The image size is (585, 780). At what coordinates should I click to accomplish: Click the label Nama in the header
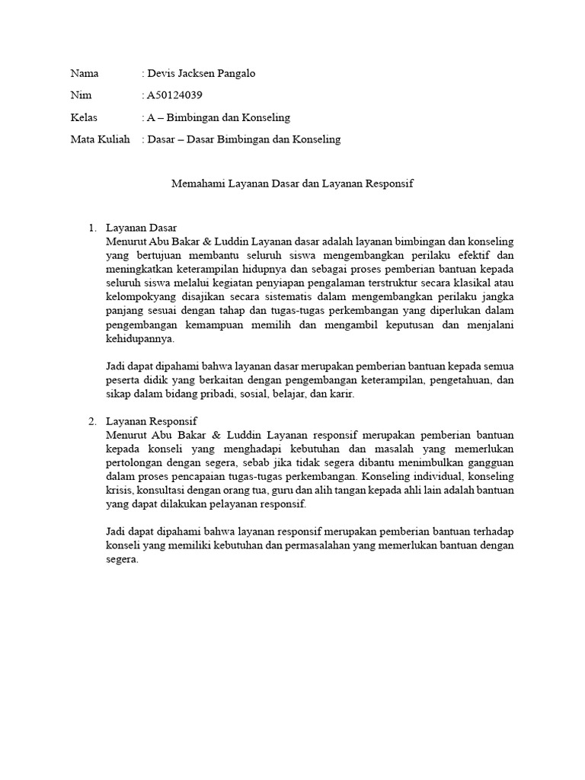coord(85,74)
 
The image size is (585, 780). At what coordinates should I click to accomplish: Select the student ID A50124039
coord(175,95)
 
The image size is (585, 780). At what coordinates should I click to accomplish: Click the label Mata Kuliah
coord(99,139)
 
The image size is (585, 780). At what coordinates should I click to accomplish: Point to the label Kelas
coord(85,117)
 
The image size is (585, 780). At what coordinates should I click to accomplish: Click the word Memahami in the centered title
coord(194,184)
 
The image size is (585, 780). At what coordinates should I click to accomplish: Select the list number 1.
coord(91,228)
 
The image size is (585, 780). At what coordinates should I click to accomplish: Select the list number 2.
coord(91,420)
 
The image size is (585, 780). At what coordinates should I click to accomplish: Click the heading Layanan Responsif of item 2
coord(152,420)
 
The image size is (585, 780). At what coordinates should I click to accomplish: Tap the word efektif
coord(480,256)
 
